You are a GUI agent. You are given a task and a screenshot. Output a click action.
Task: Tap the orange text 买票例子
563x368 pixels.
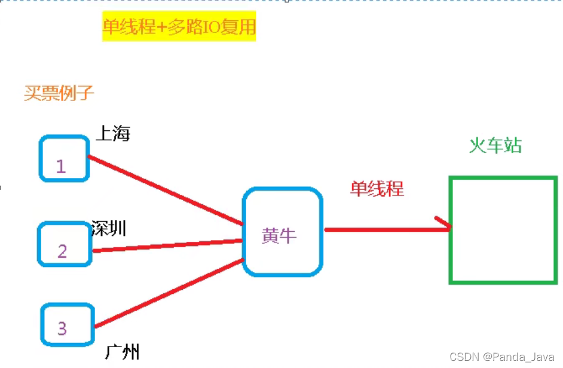click(59, 93)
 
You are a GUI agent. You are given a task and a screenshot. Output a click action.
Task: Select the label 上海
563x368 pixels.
click(113, 133)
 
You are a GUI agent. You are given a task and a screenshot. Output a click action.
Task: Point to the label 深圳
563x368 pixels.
click(109, 228)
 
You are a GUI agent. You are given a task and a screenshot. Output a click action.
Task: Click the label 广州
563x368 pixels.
click(122, 351)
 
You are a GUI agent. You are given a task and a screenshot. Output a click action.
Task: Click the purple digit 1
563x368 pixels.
click(60, 166)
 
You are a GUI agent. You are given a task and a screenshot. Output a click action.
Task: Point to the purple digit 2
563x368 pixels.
click(62, 251)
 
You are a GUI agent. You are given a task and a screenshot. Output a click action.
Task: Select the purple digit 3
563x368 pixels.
click(62, 328)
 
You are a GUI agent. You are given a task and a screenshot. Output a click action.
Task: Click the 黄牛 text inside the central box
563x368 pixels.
click(279, 236)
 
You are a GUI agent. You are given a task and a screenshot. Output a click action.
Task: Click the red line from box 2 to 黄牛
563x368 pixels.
click(167, 246)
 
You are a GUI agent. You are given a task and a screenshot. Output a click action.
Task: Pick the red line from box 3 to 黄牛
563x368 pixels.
click(169, 293)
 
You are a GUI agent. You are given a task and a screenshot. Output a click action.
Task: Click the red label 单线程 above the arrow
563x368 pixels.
click(377, 189)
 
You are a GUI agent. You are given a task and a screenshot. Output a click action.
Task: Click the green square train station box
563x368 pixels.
click(503, 229)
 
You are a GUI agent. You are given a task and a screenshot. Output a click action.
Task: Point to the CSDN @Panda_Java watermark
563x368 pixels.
click(502, 357)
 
